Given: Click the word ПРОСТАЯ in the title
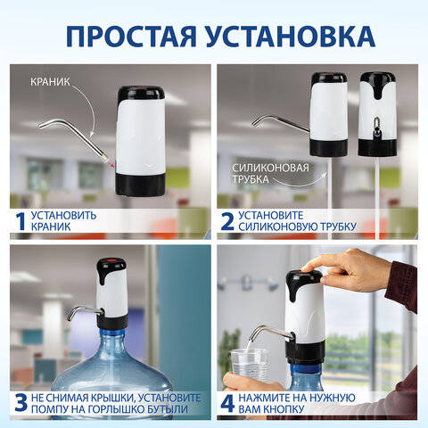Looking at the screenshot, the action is coord(131,37).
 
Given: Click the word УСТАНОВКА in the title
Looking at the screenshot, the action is coord(291,37).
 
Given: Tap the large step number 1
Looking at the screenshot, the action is coord(21,221).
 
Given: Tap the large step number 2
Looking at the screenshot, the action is coord(227,221).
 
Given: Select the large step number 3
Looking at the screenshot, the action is coord(21,403).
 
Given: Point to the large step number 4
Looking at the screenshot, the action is coord(227,403).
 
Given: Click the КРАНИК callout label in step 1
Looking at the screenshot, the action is coord(50,82).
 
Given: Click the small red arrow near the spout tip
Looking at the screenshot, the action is coord(111,165).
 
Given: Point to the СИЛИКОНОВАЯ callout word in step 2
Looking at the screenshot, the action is coord(270,168).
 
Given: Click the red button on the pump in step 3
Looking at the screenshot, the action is coord(111,260).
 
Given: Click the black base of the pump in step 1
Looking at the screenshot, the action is coord(140,185).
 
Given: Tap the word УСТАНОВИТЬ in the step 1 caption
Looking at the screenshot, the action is coord(64,215).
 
